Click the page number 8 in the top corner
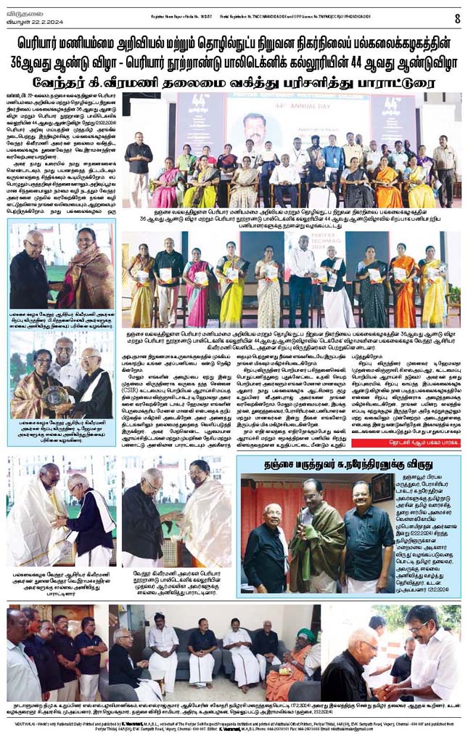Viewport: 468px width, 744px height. pyautogui.click(x=457, y=17)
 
